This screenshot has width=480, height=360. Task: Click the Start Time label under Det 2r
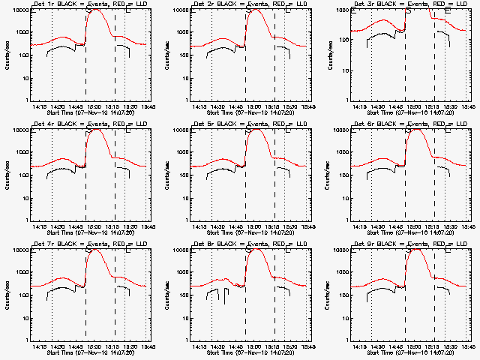click(x=249, y=114)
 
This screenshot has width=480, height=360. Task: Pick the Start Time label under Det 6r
click(x=409, y=234)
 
